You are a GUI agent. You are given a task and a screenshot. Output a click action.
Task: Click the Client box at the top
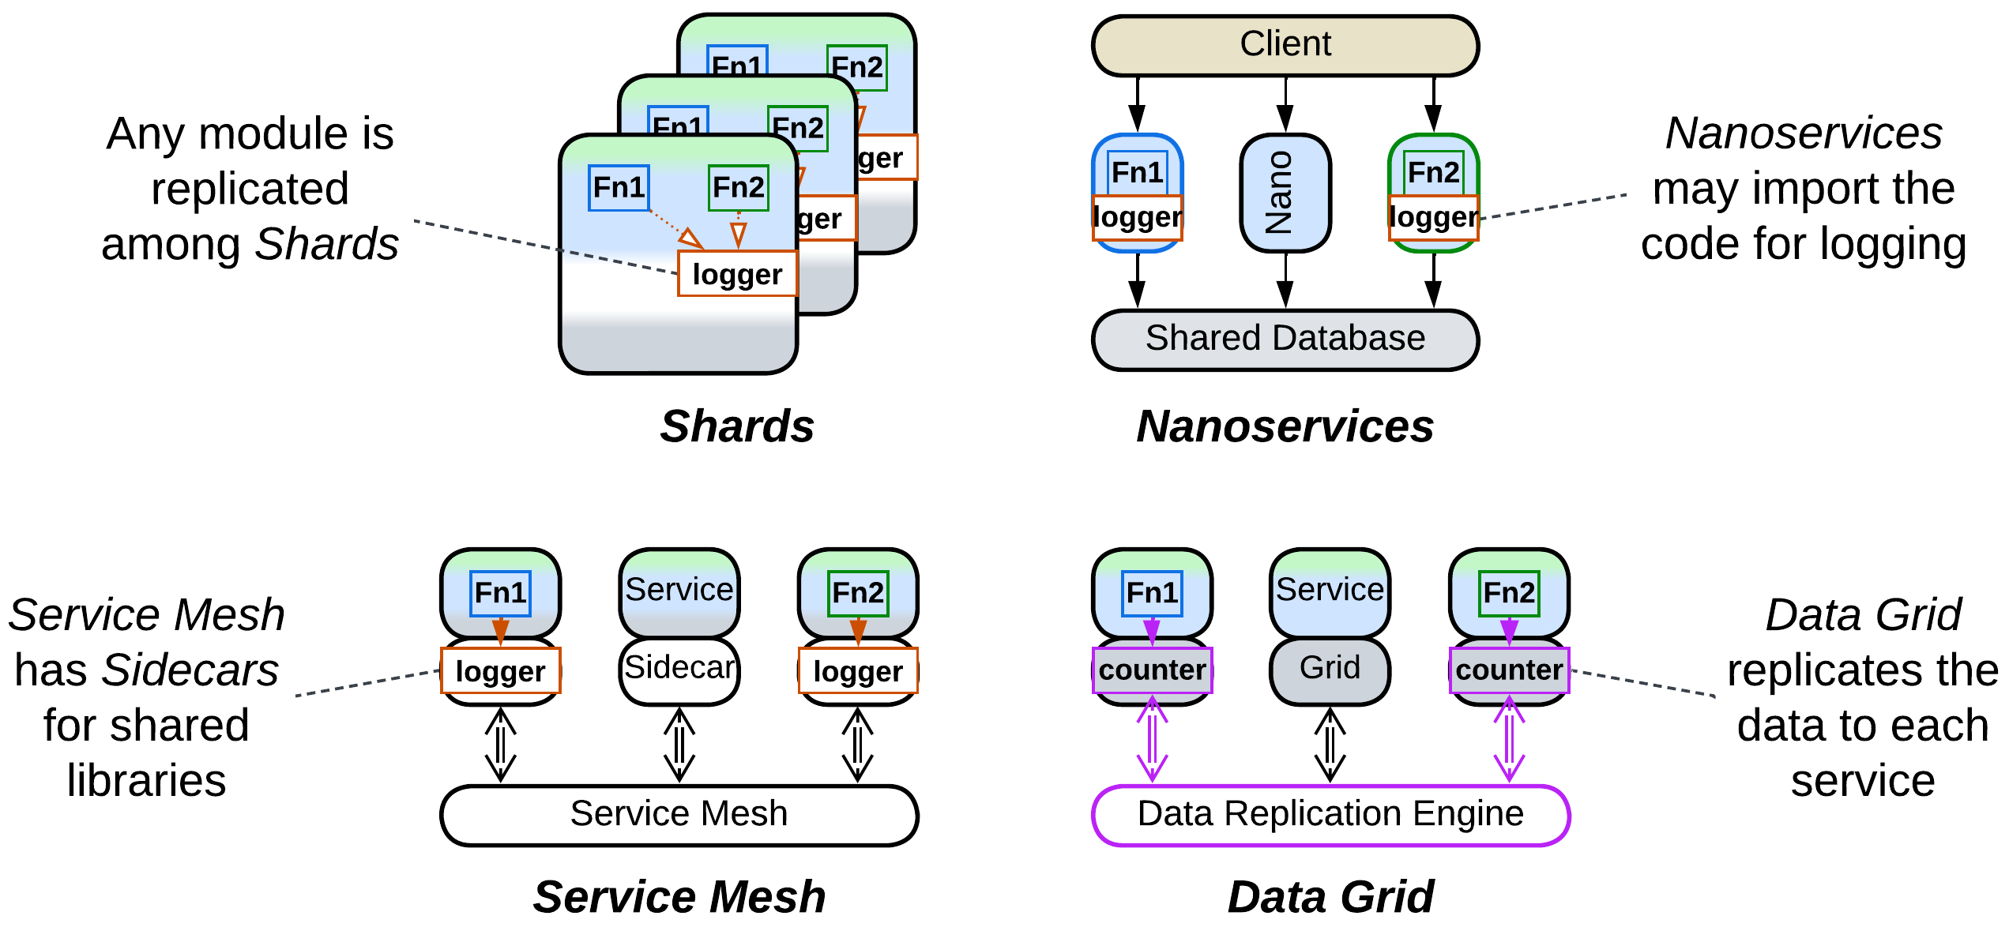point(1285,45)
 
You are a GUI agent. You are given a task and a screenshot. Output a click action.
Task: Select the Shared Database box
point(1285,339)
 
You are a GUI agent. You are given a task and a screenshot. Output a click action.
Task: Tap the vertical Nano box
point(1285,193)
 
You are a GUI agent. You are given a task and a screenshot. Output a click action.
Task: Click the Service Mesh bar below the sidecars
point(679,814)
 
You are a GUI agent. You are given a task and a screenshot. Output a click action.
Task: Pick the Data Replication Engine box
point(1330,814)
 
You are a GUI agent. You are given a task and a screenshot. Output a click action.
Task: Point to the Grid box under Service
point(1330,669)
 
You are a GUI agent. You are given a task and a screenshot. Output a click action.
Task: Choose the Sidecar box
point(679,669)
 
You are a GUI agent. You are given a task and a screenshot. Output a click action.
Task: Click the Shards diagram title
point(737,427)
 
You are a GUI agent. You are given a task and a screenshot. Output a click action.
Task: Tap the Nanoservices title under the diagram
point(1285,427)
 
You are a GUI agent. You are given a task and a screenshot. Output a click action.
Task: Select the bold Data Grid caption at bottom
point(1330,898)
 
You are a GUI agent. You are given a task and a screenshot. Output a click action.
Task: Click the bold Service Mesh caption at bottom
point(679,898)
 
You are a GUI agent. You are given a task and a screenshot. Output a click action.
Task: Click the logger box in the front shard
point(737,274)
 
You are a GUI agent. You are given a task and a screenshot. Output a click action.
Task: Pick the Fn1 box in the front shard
point(619,188)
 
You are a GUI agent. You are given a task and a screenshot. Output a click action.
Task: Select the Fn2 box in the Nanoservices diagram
point(1433,172)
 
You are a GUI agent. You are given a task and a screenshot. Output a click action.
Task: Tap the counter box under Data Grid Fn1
point(1152,670)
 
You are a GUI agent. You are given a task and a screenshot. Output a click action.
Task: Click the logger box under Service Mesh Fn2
point(858,671)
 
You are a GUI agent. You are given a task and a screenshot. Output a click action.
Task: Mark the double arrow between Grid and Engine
point(1330,745)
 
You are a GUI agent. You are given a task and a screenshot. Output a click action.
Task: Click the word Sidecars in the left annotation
point(190,670)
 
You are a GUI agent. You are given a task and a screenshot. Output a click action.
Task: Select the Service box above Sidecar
point(679,591)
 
